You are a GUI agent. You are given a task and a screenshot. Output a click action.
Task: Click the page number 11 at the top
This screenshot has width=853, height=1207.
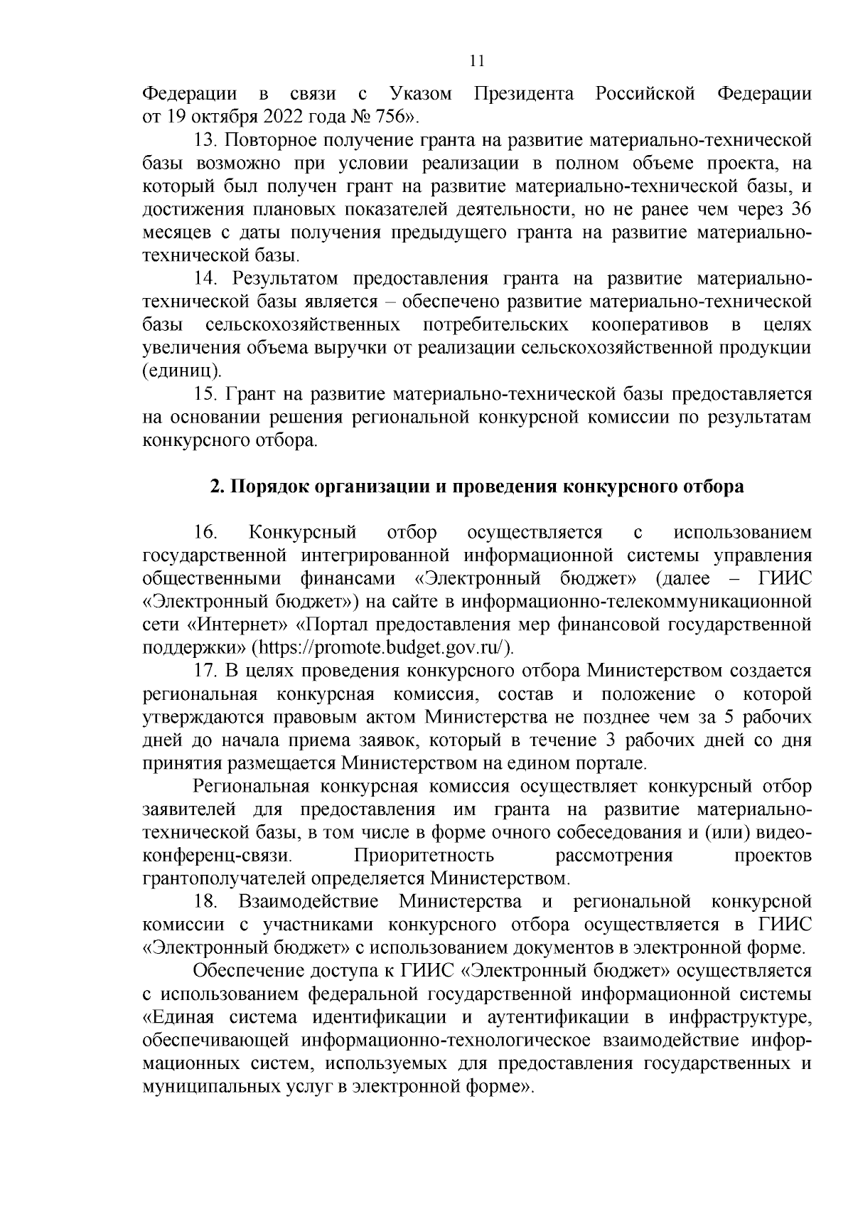[x=477, y=61]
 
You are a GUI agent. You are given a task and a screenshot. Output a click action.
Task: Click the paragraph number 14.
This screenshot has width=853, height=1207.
[x=205, y=279]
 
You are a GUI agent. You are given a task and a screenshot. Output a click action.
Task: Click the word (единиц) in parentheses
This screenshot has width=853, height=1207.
[x=182, y=371]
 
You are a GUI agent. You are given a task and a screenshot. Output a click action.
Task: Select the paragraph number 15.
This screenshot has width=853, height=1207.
[x=205, y=395]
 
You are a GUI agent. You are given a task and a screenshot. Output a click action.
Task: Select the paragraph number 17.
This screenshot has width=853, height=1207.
[x=205, y=671]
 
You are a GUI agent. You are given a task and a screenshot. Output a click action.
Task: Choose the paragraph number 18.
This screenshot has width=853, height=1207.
[x=205, y=902]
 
